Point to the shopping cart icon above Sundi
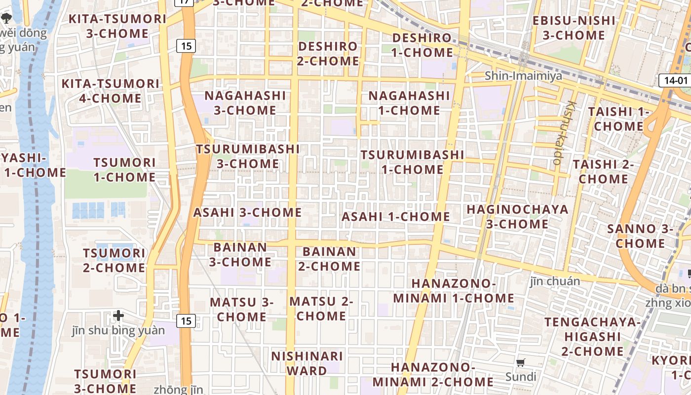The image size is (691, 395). tap(520, 363)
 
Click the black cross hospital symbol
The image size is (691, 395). tap(118, 316)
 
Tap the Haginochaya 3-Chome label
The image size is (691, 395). tap(517, 216)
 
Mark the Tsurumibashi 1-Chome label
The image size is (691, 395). tap(412, 162)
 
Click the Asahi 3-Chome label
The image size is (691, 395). tap(247, 212)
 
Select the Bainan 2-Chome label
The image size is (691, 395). tap(329, 259)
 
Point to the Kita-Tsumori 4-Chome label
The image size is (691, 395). tap(111, 91)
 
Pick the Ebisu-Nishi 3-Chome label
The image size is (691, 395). tap(574, 28)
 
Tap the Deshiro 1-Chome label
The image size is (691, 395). tap(422, 45)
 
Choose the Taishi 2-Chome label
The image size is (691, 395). tap(603, 171)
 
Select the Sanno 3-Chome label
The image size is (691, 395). tap(640, 236)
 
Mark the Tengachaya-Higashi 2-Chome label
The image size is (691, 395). tap(592, 337)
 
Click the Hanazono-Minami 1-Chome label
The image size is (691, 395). tap(454, 291)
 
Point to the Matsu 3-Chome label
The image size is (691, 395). tap(242, 309)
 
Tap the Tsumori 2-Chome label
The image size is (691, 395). tap(114, 260)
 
